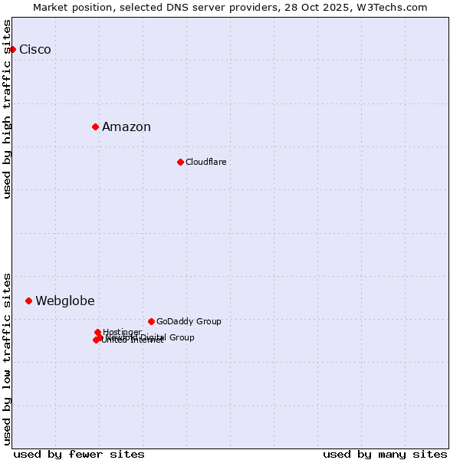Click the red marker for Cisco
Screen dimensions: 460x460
[12, 50]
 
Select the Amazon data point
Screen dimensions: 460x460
[95, 127]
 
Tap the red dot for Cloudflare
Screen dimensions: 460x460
[180, 162]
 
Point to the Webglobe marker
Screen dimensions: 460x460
[28, 301]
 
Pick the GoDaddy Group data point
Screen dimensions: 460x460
[151, 321]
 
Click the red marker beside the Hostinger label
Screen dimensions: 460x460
[97, 332]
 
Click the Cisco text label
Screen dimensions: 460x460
[35, 50]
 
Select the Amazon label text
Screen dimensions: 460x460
[127, 127]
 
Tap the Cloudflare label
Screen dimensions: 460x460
[206, 162]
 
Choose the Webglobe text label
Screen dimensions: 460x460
[65, 301]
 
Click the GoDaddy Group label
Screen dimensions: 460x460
[189, 321]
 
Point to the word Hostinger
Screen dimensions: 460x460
[123, 332]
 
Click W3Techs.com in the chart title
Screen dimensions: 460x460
[394, 7]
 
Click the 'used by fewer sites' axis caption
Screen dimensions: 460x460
[79, 454]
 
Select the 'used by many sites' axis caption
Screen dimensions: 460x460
[385, 454]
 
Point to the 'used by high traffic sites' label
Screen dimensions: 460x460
[8, 109]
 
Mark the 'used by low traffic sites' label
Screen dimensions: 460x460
[8, 358]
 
